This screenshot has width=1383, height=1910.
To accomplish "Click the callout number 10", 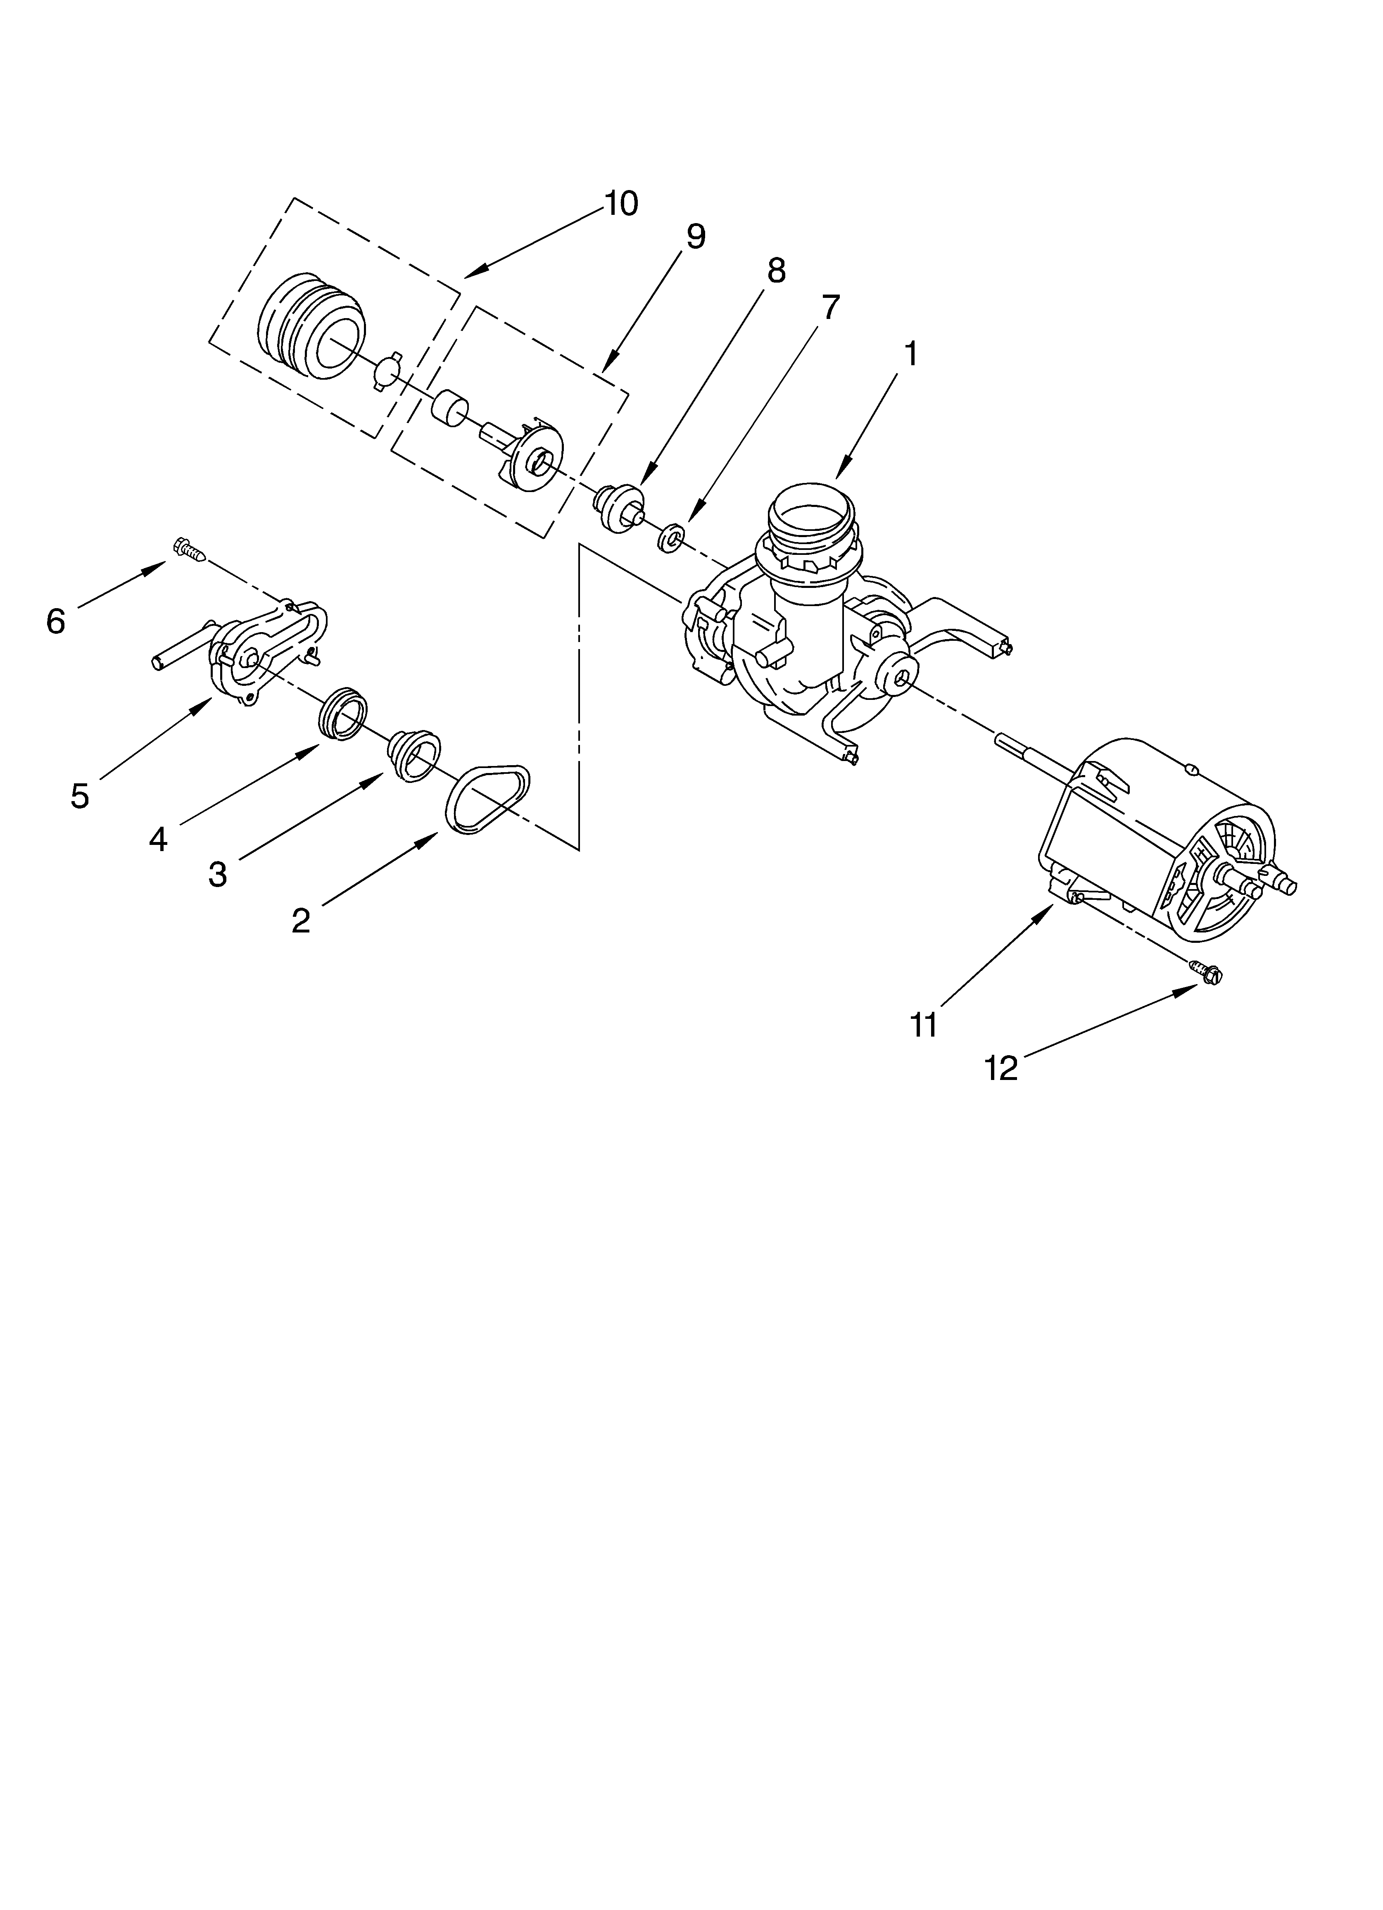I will (622, 204).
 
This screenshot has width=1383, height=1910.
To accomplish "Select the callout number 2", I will (301, 921).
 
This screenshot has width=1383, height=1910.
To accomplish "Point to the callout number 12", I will (1001, 1069).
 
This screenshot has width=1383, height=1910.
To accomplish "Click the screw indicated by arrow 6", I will (190, 550).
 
